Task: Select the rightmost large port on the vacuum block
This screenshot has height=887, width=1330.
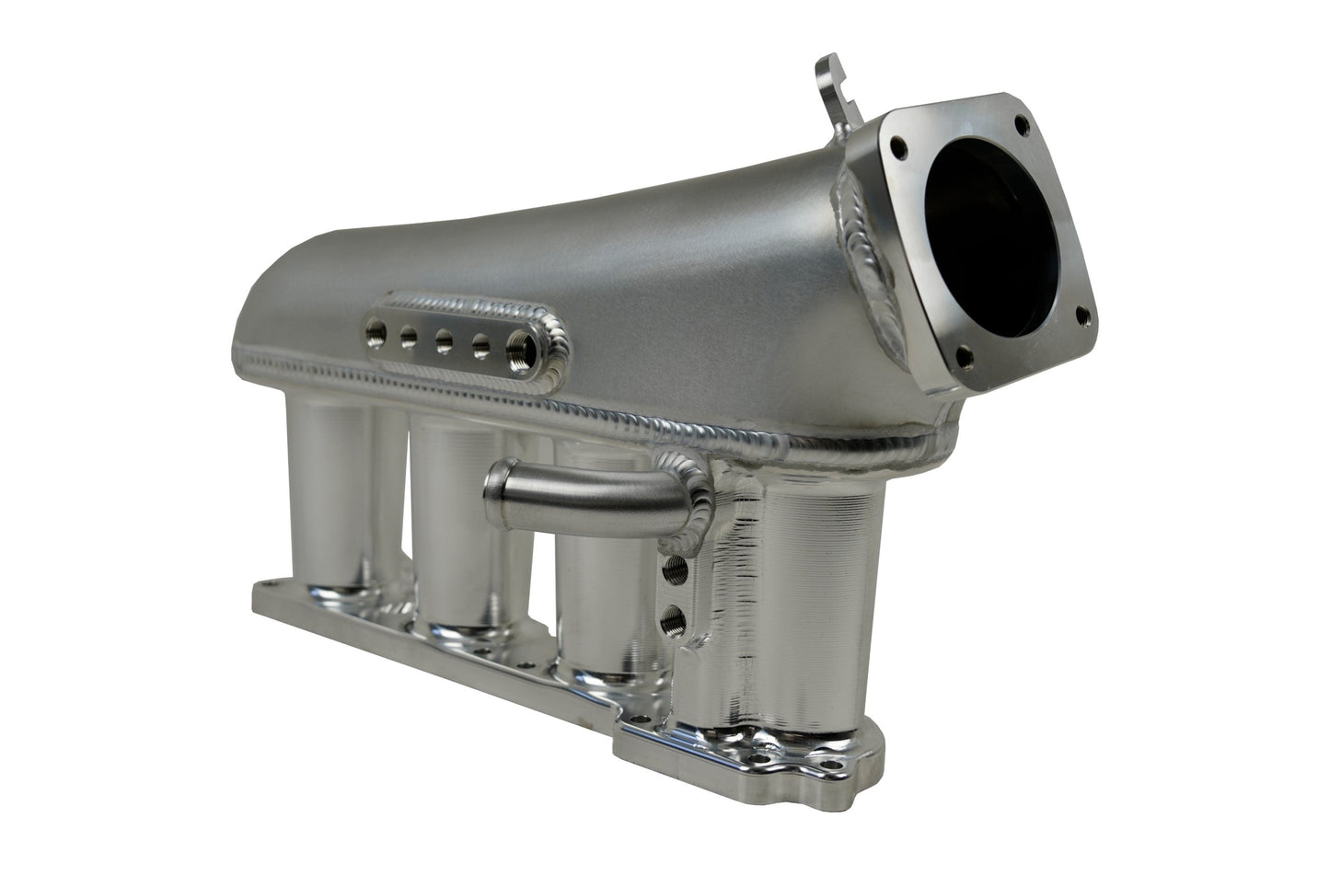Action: (518, 349)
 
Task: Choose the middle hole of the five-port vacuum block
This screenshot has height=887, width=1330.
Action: (444, 338)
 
